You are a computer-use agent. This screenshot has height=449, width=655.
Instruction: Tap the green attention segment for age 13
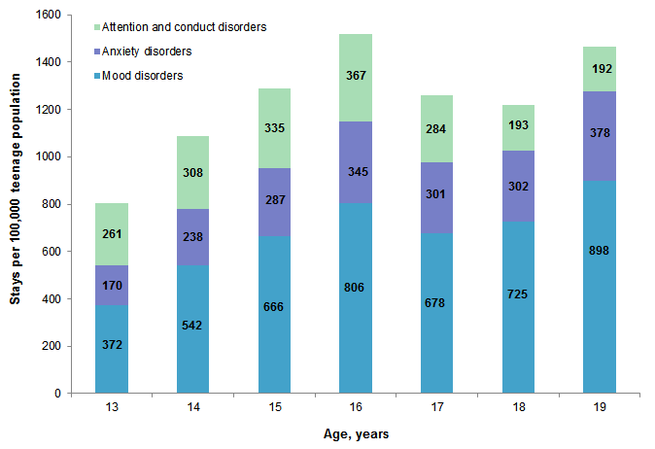pyautogui.click(x=112, y=234)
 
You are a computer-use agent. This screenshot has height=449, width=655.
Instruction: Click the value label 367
pyautogui.click(x=355, y=75)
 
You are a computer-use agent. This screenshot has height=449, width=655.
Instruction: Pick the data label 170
pyautogui.click(x=112, y=286)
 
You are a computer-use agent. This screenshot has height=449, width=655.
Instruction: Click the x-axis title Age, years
pyautogui.click(x=355, y=434)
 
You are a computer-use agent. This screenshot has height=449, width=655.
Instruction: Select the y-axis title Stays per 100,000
pyautogui.click(x=16, y=203)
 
